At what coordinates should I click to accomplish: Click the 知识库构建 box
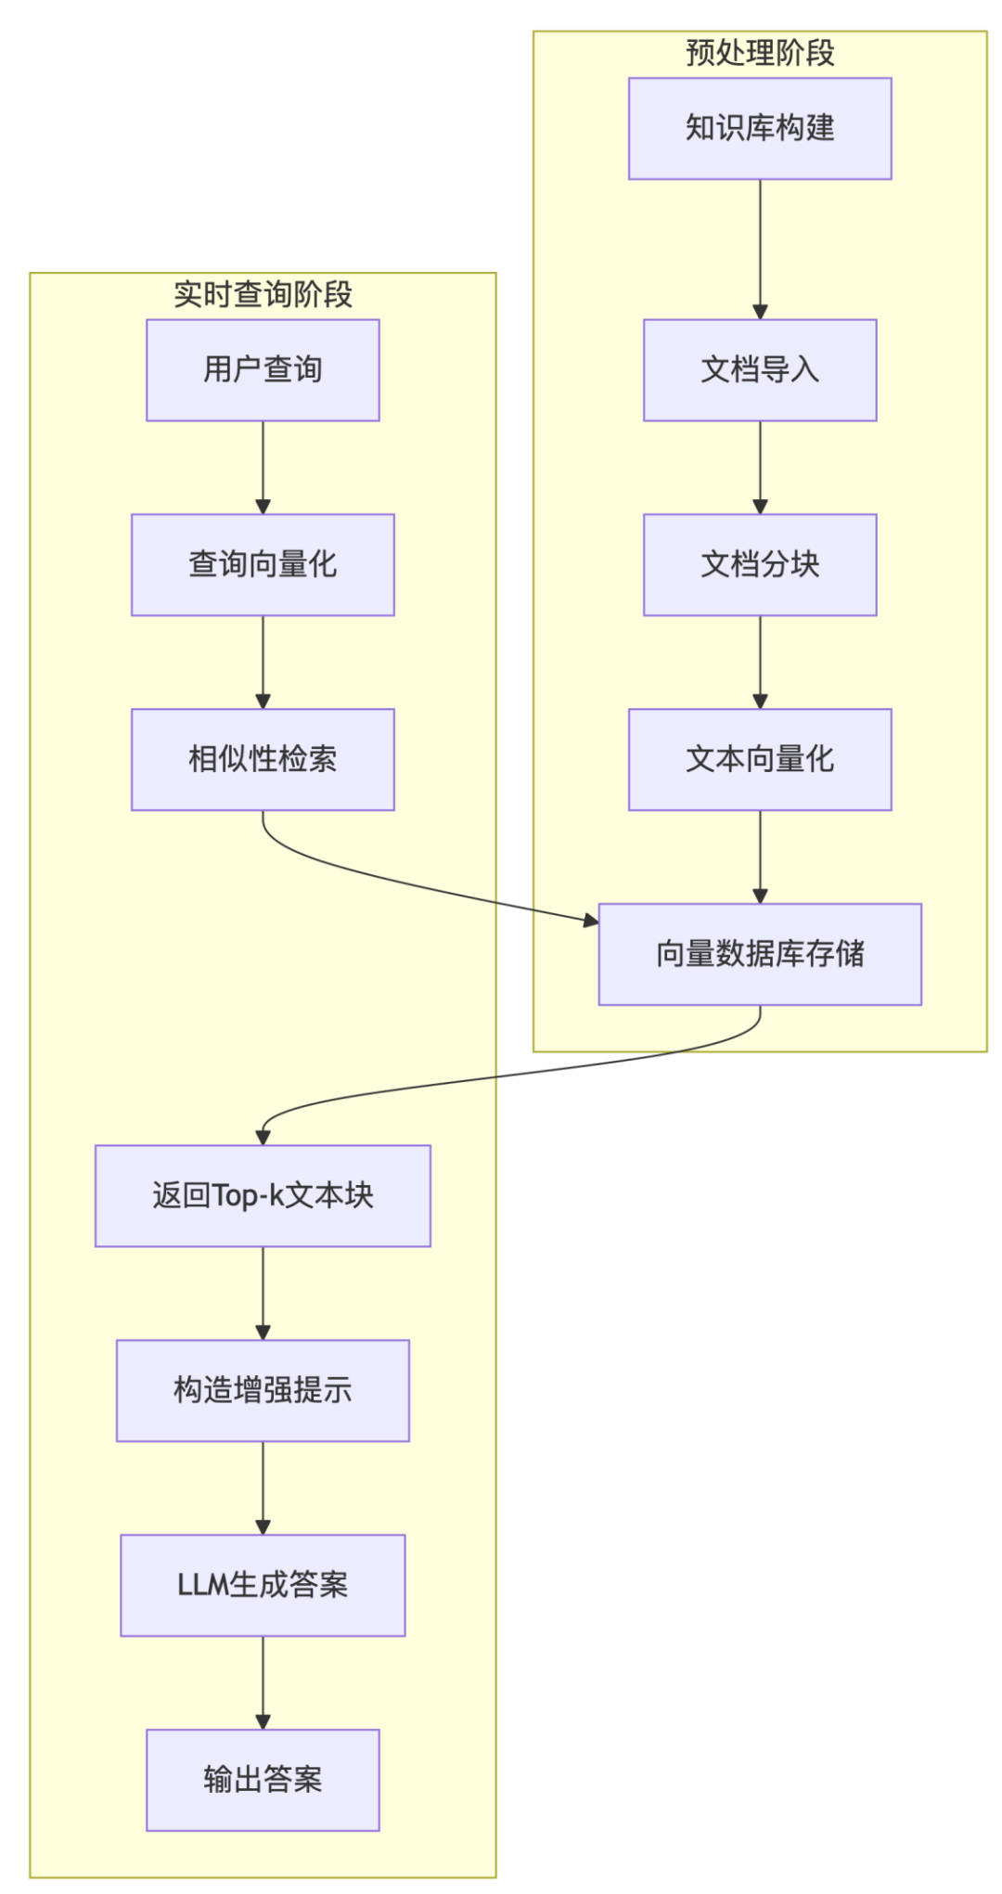click(759, 128)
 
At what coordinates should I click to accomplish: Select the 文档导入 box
click(759, 369)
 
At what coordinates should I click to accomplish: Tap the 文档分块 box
click(759, 564)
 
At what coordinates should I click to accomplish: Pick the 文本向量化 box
click(759, 759)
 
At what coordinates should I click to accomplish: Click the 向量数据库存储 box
click(759, 954)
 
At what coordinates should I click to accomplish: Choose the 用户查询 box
click(263, 369)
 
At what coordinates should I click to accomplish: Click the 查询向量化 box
click(263, 564)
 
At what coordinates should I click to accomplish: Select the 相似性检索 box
click(263, 759)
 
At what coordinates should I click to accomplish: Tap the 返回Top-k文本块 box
click(263, 1195)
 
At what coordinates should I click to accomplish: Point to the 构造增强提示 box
click(263, 1390)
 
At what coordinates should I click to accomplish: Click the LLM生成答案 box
click(263, 1585)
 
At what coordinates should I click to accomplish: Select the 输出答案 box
click(263, 1780)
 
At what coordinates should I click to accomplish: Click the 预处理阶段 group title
click(759, 53)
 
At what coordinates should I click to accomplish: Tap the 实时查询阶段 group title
click(263, 294)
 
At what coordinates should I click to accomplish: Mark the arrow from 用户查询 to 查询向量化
click(263, 467)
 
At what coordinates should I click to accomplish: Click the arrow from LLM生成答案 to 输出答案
click(263, 1681)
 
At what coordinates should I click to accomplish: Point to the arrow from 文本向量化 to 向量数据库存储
click(760, 856)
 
